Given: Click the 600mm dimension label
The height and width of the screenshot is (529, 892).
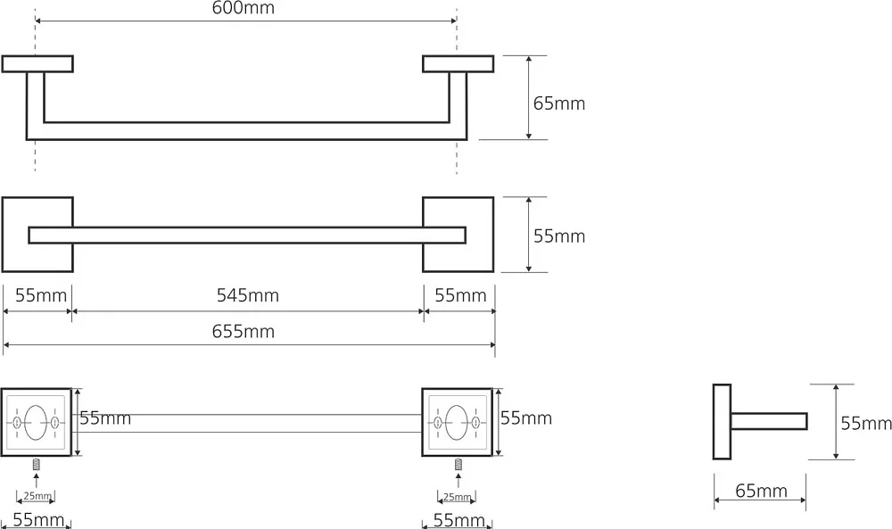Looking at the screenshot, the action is point(243,8).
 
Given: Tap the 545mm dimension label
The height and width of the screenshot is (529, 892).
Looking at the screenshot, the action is point(247,295).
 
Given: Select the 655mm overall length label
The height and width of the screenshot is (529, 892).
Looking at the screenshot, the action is point(244,331).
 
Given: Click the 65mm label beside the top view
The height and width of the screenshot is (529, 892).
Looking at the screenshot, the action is point(558,103).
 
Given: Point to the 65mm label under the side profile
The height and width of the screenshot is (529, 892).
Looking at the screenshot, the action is point(761,491).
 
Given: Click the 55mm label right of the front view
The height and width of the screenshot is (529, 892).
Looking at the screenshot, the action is point(558,236).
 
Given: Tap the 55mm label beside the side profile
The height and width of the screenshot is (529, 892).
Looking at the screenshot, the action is point(866,423).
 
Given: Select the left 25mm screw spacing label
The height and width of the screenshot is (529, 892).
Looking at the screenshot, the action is point(37,496).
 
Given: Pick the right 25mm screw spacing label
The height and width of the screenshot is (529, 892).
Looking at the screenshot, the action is point(458,497).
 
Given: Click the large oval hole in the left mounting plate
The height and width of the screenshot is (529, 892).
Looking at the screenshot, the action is point(36,423).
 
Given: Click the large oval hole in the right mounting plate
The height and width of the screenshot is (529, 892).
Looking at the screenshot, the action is point(457,423).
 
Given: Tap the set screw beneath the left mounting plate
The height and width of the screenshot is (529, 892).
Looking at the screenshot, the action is point(37,465).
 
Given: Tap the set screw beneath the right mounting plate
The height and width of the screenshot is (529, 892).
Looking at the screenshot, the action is point(458,465).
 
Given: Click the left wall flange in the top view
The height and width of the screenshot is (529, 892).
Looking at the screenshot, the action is point(37,63).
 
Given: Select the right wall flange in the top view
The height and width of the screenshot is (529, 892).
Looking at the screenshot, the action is point(458,63).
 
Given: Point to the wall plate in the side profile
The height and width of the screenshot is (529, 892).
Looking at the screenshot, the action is point(722,421).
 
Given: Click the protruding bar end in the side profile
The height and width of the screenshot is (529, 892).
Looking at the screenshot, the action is point(769,421).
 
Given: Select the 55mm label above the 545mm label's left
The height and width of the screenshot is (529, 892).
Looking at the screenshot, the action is point(41,295).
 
